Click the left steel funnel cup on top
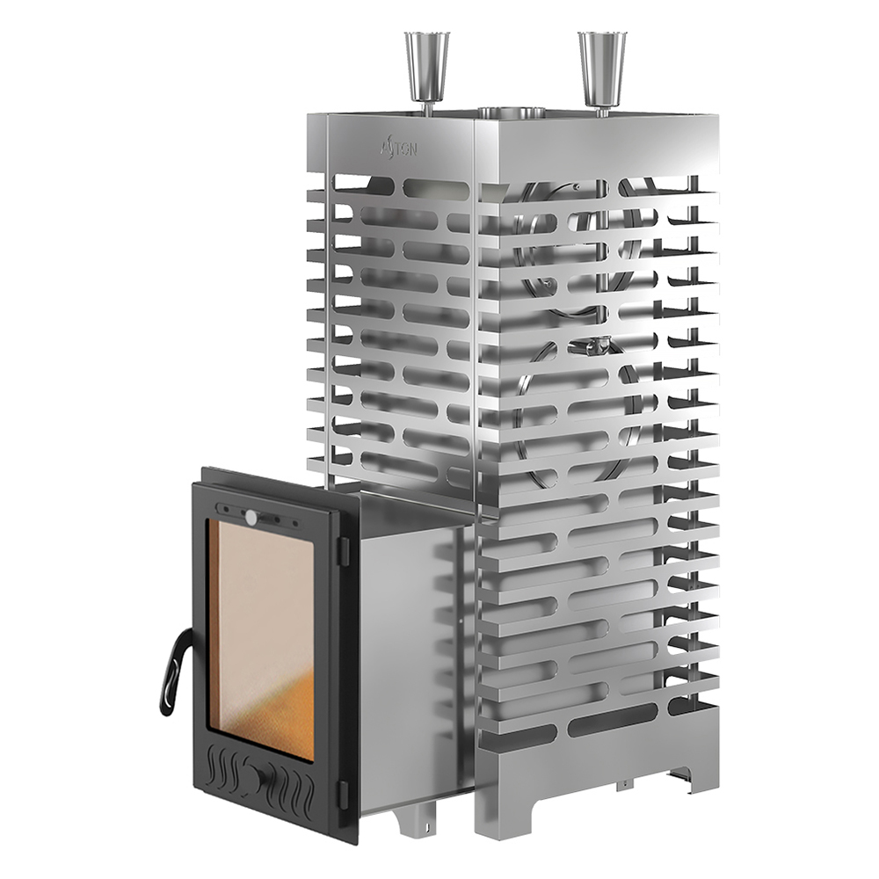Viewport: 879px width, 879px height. click(x=426, y=54)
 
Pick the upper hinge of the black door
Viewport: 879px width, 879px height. click(x=345, y=546)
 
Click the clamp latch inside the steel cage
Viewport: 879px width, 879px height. click(x=585, y=345)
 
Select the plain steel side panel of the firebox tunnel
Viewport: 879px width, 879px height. click(x=409, y=659)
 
